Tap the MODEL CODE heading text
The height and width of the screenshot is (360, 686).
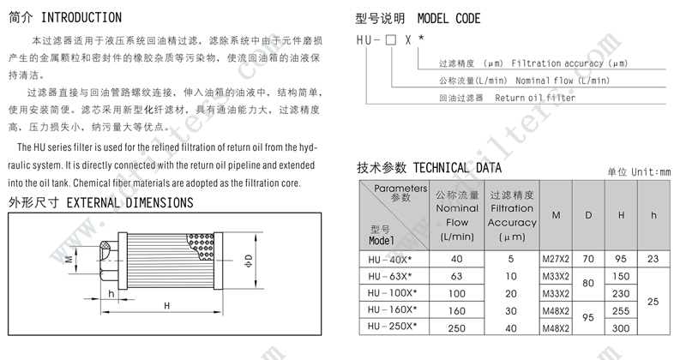449,18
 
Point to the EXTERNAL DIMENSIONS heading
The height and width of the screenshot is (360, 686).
129,203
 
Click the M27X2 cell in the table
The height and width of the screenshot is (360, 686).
556,259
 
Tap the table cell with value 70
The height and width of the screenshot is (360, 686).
588,259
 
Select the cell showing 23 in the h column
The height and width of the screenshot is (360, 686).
653,259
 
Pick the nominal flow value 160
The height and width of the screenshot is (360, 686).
456,311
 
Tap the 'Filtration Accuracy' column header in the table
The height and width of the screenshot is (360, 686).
512,215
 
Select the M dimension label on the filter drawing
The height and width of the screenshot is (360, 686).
68,257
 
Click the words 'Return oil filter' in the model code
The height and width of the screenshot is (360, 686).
535,98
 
